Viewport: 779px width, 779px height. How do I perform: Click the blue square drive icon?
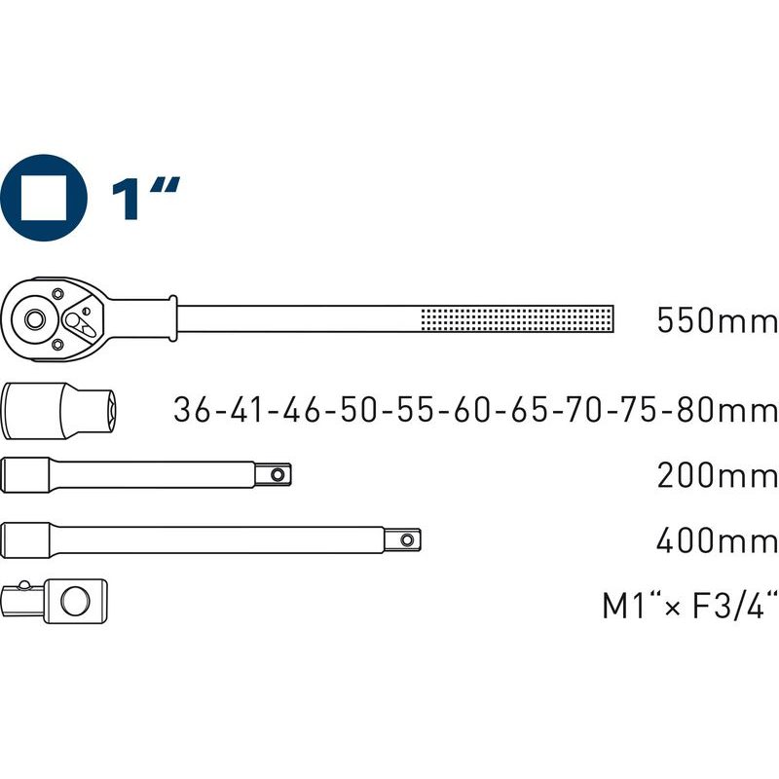43,198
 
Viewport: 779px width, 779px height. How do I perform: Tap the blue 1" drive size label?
144,199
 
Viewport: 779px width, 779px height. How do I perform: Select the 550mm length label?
717,320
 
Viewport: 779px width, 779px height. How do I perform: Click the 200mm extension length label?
717,475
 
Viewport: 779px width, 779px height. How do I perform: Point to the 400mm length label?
717,540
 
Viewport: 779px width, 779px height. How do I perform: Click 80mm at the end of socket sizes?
726,410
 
